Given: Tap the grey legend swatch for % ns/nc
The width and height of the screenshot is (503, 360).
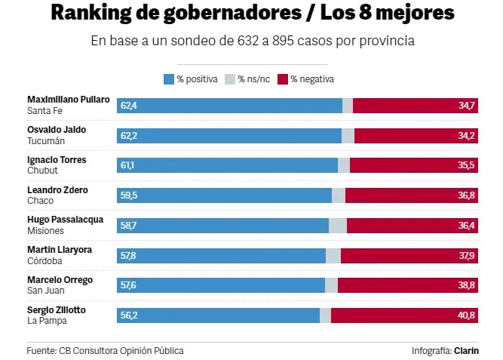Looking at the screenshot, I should click(x=230, y=78).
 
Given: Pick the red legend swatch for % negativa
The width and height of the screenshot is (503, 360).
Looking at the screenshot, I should click(x=284, y=78).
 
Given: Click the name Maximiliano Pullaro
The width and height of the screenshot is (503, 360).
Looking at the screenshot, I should click(x=68, y=100).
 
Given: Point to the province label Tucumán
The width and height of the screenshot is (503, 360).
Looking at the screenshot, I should click(x=46, y=141).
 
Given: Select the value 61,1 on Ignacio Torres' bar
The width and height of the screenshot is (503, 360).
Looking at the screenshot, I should click(x=128, y=165).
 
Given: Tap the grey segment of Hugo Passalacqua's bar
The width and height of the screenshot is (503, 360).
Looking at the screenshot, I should click(x=337, y=226).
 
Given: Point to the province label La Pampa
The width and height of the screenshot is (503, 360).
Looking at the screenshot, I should click(x=47, y=321).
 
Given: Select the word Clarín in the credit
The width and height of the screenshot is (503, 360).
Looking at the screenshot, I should click(x=466, y=351).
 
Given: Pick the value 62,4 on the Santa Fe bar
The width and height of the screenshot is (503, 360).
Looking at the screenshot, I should click(x=128, y=106).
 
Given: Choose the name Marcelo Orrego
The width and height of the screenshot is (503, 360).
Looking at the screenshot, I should click(x=60, y=280).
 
